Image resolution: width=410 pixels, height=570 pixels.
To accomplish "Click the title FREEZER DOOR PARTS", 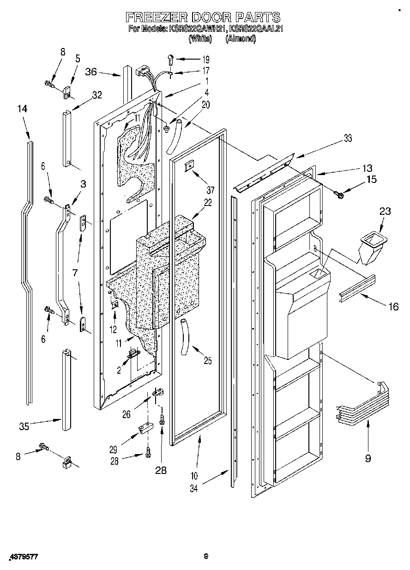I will point(203,18).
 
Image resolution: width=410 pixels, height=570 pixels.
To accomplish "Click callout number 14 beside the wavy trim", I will point(22,109).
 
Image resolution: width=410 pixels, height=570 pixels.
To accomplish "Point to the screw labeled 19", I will point(170,59).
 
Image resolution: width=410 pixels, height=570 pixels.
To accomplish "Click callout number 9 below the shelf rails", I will point(368,458).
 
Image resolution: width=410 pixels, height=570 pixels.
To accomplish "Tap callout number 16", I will point(393,306).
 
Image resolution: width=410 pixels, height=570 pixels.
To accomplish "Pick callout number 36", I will point(91,72).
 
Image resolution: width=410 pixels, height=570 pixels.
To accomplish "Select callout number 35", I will point(24,426).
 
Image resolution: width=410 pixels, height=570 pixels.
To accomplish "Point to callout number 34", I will point(193,488).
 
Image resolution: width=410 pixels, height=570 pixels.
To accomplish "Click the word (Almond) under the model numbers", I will point(240,39).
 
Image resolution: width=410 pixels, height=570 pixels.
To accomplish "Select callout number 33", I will point(347,138).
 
